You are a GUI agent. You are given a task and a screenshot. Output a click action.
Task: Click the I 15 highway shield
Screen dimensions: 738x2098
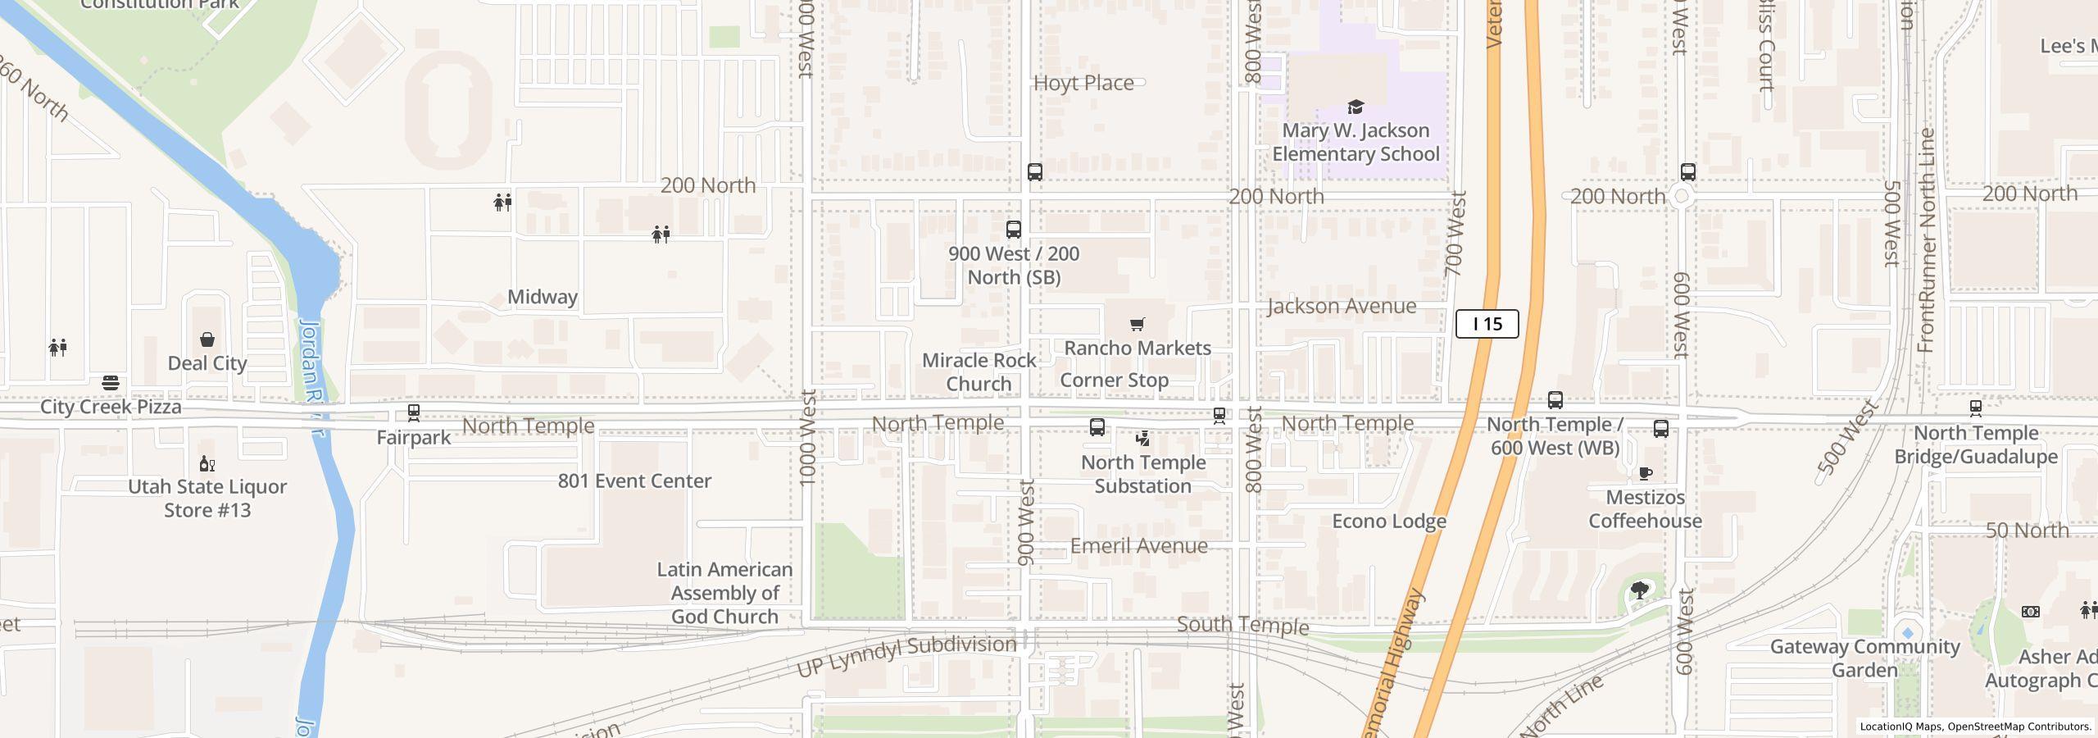coord(1487,324)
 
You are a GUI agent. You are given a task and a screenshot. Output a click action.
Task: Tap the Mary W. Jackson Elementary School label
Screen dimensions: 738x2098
coord(1356,143)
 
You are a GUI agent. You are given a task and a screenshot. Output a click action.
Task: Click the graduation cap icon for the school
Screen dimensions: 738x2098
coord(1356,107)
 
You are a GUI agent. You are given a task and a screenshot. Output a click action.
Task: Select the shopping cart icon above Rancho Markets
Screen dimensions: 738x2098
coord(1137,325)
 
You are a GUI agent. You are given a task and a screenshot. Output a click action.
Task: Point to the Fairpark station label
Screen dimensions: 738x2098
coord(413,438)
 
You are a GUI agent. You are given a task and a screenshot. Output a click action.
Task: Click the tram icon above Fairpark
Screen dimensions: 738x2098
coord(414,412)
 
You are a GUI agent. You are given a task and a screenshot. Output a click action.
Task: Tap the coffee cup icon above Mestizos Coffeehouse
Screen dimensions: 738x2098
coord(1645,473)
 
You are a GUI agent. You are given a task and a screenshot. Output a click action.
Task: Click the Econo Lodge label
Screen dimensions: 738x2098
coord(1389,522)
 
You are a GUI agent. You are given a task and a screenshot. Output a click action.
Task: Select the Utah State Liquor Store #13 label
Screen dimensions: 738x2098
coord(207,499)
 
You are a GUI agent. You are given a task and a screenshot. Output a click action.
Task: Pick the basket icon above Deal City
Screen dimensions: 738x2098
coord(207,339)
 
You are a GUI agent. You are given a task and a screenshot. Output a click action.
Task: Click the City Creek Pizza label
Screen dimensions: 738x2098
coord(111,408)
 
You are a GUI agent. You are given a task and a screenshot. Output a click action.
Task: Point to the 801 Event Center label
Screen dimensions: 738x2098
coord(634,481)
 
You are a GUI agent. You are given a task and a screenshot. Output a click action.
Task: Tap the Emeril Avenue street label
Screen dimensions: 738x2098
coord(1138,546)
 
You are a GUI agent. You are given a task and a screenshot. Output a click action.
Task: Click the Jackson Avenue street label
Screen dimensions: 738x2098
coord(1341,307)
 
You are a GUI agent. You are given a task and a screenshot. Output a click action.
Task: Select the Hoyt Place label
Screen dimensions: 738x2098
coord(1083,84)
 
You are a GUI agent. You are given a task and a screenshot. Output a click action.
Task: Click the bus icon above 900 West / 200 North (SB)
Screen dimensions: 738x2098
coord(1014,230)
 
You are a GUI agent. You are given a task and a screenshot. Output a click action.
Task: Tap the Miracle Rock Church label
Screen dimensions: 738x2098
coord(979,372)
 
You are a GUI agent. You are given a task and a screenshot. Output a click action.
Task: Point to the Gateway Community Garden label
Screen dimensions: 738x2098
coord(1864,658)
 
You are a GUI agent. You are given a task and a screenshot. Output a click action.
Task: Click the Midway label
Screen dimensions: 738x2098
coord(542,298)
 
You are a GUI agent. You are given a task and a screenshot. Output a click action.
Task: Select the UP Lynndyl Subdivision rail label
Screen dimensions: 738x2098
coord(906,656)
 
